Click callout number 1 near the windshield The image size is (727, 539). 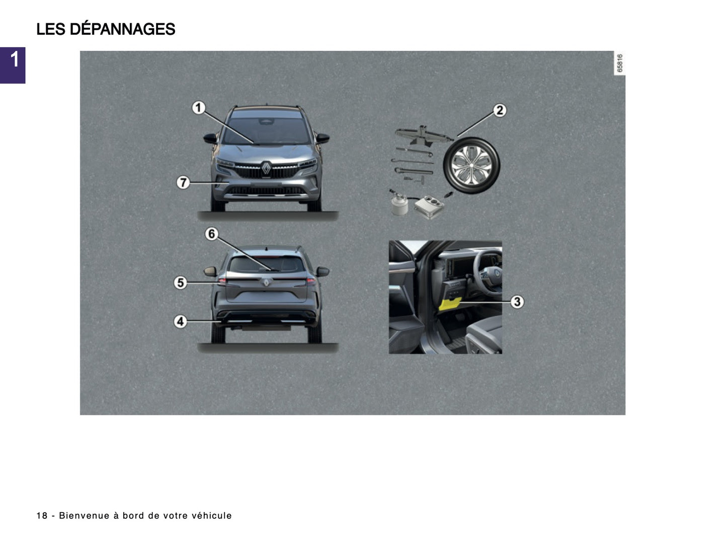click(199, 108)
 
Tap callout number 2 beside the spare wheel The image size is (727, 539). click(499, 110)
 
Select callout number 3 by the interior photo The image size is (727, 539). click(517, 302)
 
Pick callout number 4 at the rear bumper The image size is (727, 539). click(180, 321)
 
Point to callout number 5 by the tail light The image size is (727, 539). click(180, 283)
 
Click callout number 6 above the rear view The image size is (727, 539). click(212, 234)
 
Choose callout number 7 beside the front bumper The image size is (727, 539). click(183, 182)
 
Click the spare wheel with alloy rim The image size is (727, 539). click(471, 166)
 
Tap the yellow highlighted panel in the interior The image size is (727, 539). click(450, 304)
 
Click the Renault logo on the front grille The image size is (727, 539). click(266, 168)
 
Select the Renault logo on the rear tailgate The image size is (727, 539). click(266, 283)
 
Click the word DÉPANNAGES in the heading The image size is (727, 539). click(122, 29)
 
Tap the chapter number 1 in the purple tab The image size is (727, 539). click(14, 60)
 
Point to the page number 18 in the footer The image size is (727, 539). click(42, 516)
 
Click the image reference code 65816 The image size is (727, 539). click(620, 63)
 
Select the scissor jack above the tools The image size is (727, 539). click(420, 136)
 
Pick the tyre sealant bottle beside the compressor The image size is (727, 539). click(399, 204)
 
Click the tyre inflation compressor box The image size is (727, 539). click(428, 207)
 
